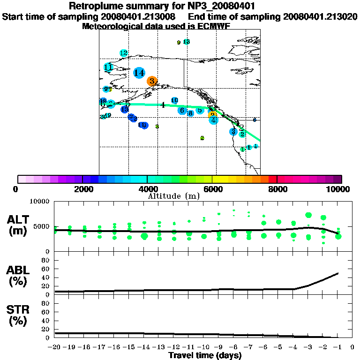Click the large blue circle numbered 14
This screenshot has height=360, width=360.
point(139,73)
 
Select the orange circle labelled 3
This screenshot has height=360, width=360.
point(152,81)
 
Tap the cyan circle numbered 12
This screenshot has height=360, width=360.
point(124,53)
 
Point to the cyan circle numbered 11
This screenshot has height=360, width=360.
point(108,67)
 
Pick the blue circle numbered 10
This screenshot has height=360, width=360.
point(174,100)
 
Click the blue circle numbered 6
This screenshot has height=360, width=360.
point(182,111)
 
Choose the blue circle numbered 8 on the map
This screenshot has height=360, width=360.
point(190,113)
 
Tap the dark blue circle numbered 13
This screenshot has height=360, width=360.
point(125,109)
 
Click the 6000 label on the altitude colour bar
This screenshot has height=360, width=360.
point(212,189)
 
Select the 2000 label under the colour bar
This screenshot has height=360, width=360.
point(82,189)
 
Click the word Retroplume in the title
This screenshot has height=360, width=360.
point(92,7)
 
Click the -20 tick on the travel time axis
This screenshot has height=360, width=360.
point(55,347)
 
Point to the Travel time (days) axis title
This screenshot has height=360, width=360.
point(205,355)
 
